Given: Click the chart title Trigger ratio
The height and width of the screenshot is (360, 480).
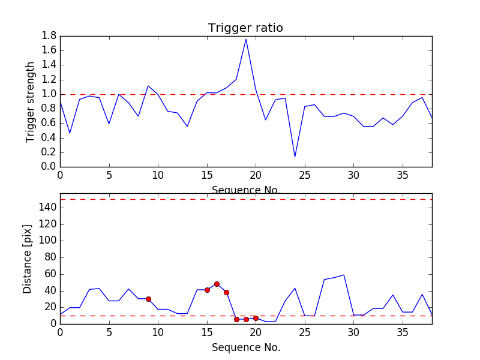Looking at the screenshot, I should (245, 28).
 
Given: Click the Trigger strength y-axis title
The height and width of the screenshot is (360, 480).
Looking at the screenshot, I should (31, 101).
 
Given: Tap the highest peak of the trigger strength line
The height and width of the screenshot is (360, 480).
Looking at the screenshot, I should (246, 39).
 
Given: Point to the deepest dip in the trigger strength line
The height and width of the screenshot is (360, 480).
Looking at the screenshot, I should (295, 157).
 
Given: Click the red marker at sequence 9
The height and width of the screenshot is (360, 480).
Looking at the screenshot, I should (148, 299).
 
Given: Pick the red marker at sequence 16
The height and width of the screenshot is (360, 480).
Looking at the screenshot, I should (217, 284).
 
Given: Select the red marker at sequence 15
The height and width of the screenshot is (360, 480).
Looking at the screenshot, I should (207, 290).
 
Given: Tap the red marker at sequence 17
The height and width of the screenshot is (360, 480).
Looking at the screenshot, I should (226, 292).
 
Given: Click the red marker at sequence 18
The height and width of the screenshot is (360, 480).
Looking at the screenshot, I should (236, 319).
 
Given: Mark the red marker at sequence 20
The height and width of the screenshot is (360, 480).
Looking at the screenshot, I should (256, 318).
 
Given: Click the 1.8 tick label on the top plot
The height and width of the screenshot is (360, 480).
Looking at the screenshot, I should (49, 36).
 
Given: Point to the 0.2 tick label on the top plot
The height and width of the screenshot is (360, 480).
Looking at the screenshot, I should (49, 152).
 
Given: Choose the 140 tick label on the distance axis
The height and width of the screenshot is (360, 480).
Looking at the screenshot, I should (47, 208).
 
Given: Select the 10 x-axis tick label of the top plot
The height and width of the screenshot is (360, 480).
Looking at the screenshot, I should (158, 175).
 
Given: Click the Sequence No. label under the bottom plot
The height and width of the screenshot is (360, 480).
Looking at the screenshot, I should (246, 347).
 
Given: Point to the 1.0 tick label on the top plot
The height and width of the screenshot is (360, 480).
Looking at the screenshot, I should (49, 94).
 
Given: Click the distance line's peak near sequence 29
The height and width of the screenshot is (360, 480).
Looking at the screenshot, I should (344, 275).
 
